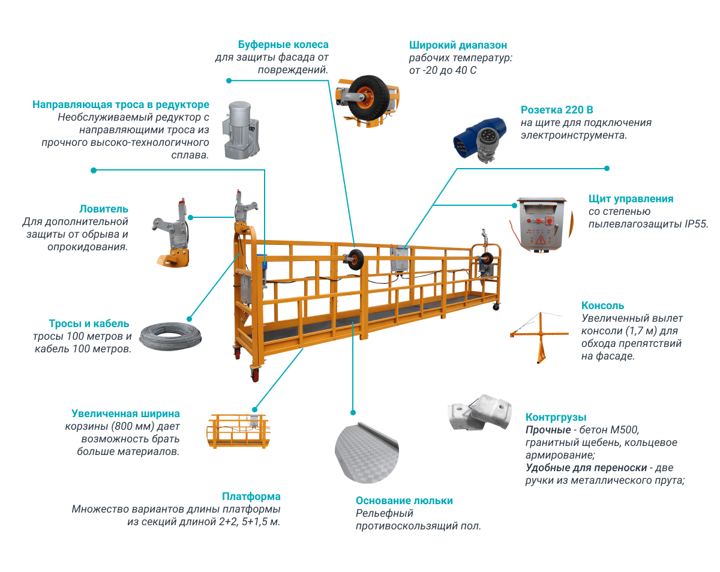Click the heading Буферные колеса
tap(283, 45)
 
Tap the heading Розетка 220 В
tap(557, 110)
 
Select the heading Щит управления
tap(631, 199)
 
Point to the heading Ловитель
tap(104, 209)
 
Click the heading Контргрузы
tap(556, 417)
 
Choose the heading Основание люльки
tap(404, 501)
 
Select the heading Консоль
tap(602, 306)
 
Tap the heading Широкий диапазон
tap(458, 45)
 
